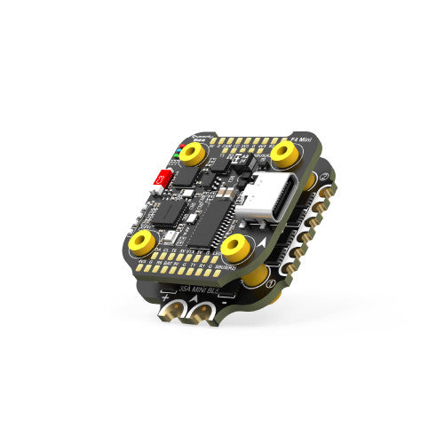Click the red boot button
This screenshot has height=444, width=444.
163,178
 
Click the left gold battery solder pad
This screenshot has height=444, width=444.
169,310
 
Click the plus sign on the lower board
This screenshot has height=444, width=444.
164,297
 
